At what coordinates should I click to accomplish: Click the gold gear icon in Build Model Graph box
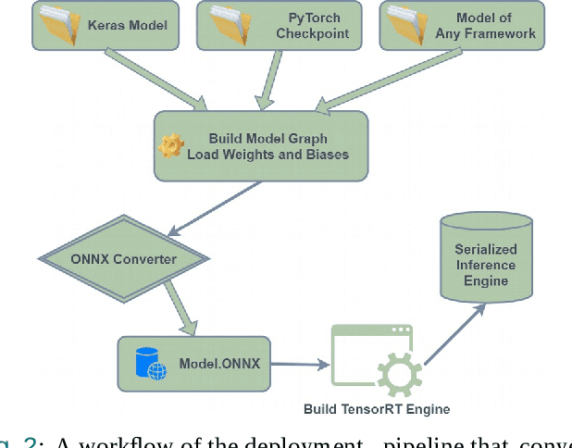(x=171, y=146)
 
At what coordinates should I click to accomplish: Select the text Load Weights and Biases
(x=267, y=155)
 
